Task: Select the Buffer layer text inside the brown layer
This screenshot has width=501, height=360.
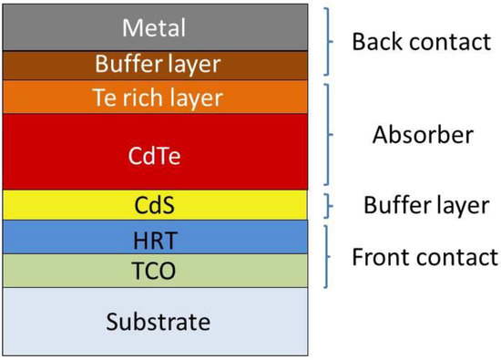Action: (x=158, y=65)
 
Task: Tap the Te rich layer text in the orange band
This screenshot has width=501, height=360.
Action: (x=158, y=97)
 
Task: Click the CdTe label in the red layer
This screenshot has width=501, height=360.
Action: (x=158, y=155)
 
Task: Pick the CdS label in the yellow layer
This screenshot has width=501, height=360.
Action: (x=158, y=205)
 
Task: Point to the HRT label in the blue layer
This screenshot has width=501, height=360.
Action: (x=158, y=239)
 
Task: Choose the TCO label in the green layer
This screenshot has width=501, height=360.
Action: (x=158, y=271)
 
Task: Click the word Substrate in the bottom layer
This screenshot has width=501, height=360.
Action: (x=158, y=322)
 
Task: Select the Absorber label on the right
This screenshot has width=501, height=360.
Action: (x=423, y=135)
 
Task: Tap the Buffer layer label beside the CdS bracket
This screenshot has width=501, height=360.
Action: (x=426, y=205)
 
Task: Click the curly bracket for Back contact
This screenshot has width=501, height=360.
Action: (x=330, y=42)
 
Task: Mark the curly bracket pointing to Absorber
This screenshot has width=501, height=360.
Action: (x=330, y=134)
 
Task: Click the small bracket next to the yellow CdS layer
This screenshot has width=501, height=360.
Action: (x=330, y=205)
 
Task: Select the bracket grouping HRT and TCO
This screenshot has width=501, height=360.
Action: (x=330, y=257)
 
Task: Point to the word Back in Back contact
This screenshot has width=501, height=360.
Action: (x=374, y=42)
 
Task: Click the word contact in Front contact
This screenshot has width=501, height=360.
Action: (x=458, y=257)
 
